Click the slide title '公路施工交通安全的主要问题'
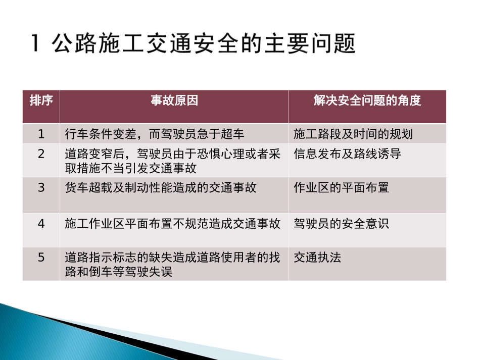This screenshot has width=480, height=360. (x=204, y=44)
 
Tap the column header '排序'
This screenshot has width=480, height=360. (x=41, y=100)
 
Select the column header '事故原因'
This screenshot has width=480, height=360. (x=174, y=100)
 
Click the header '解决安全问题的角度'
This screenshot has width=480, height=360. (x=367, y=100)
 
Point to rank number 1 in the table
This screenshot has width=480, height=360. (x=41, y=134)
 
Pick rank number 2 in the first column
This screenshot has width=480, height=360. (x=41, y=154)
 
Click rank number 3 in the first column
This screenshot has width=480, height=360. (x=41, y=188)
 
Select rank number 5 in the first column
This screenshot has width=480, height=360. (x=41, y=258)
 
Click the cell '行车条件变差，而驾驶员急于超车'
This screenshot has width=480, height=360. (x=155, y=134)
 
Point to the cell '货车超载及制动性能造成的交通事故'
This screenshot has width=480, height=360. (x=161, y=188)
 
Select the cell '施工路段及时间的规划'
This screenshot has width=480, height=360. (x=353, y=134)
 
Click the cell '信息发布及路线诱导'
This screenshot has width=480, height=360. (x=347, y=154)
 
